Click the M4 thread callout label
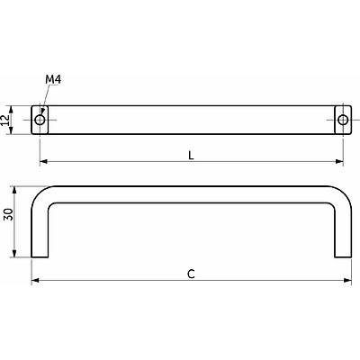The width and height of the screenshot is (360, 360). (x=53, y=80)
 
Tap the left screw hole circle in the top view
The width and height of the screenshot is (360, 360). (x=40, y=120)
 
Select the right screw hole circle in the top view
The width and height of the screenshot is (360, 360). (x=343, y=120)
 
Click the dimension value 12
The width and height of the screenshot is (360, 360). (x=5, y=120)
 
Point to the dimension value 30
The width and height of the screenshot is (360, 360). (x=8, y=214)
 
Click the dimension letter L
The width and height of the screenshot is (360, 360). (x=191, y=155)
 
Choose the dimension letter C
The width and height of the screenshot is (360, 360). (x=191, y=274)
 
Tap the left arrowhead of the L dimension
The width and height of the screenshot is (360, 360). (x=44, y=161)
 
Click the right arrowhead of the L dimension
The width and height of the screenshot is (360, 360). (x=339, y=161)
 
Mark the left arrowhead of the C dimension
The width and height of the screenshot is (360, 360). (x=35, y=280)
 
